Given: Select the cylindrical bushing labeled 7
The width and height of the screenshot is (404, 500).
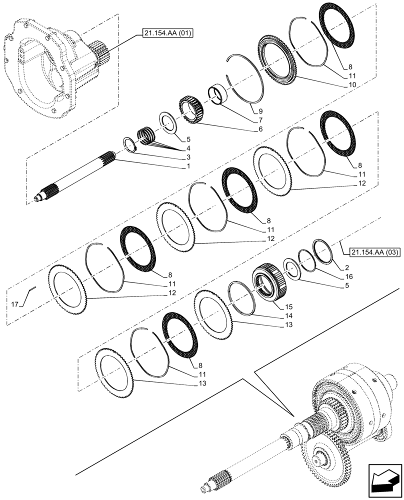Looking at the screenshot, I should click(x=217, y=95).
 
